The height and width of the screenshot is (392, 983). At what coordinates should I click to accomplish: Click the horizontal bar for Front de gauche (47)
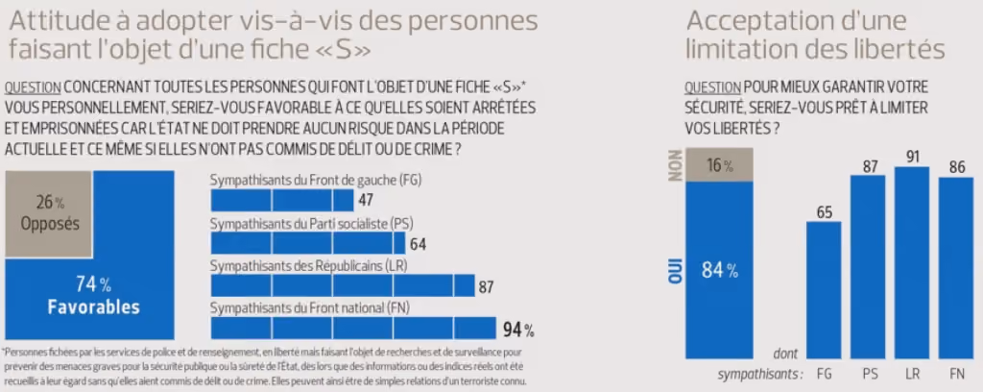(282, 201)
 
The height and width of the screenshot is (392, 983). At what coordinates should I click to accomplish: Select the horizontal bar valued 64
(308, 243)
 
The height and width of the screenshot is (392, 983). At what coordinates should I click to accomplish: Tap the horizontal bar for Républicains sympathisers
(343, 285)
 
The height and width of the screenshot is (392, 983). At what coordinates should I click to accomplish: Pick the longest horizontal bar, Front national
(353, 328)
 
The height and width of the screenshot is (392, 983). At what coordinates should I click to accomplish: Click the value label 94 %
(518, 330)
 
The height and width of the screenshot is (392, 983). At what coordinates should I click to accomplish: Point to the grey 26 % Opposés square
(50, 214)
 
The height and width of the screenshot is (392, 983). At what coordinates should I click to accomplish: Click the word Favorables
(94, 307)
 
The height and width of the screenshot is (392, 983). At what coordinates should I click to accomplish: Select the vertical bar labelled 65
(823, 290)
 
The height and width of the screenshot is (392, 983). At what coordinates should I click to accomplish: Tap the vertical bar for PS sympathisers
(868, 266)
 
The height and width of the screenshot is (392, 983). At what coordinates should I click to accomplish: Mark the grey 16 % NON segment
(719, 165)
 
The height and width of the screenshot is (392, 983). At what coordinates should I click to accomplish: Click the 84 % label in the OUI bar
(719, 271)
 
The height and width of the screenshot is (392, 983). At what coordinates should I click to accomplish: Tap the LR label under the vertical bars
(912, 375)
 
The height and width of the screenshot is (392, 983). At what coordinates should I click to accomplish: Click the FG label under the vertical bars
(825, 375)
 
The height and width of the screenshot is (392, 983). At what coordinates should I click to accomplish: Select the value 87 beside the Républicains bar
(486, 287)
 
